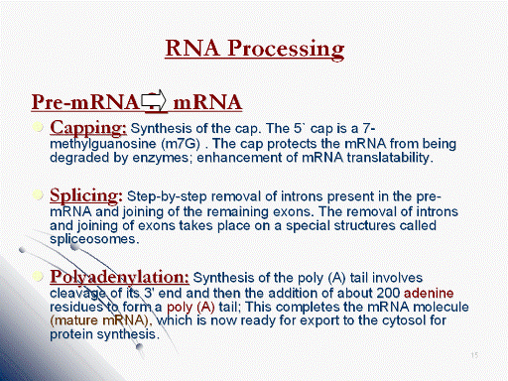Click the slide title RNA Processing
coord(255,49)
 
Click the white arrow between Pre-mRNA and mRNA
coord(154,100)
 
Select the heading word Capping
coord(88,128)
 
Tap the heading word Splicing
coord(86,196)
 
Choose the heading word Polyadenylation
coord(119,277)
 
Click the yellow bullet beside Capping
coord(39,127)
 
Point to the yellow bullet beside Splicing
coord(39,194)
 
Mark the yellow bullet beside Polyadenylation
coord(39,276)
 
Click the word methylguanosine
coord(103,144)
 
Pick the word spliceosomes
coord(94,239)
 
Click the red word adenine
coord(429,293)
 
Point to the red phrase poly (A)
coord(190,308)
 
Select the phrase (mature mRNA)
coord(101,320)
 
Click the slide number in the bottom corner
coord(474,355)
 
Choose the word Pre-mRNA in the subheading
coord(85,102)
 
